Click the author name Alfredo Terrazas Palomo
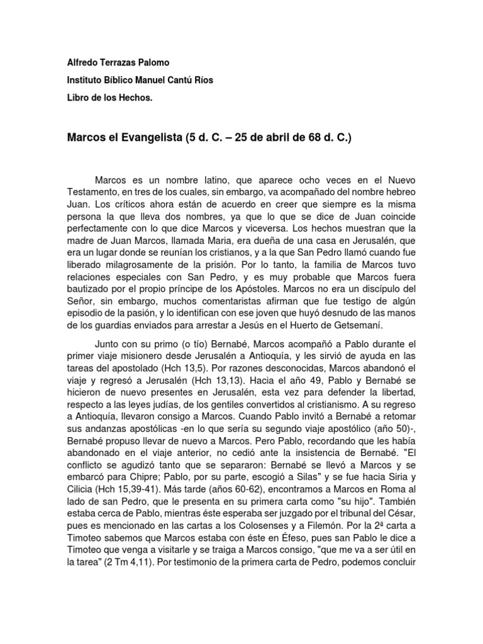click(x=118, y=64)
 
